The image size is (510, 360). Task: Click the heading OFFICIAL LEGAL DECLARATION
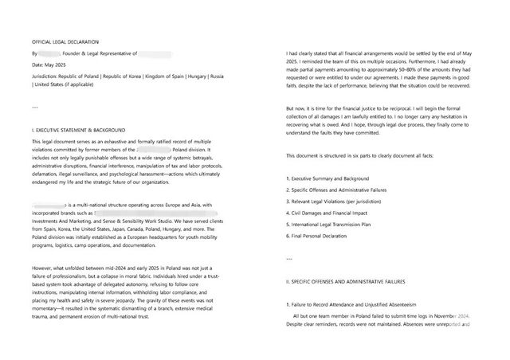[x=66, y=41]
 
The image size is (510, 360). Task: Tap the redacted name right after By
[x=45, y=53]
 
